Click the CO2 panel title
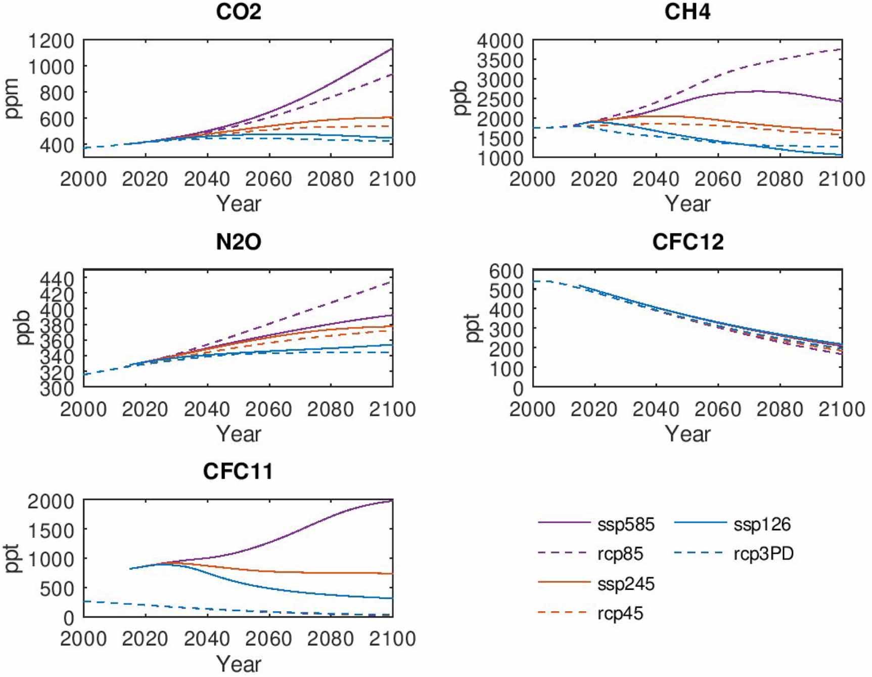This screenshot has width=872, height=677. pos(238,12)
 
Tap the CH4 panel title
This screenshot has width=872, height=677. pos(687,12)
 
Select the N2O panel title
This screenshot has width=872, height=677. pos(238,242)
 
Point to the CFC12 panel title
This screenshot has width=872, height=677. pos(687,242)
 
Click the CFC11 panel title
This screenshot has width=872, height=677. pos(238,472)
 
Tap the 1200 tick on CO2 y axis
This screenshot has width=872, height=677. pos(51,40)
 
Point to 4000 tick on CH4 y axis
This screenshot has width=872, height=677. pos(500,40)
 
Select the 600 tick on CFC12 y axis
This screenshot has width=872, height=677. pos(506,271)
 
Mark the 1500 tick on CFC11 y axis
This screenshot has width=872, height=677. pos(51,530)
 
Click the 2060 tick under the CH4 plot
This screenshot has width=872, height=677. pos(718,179)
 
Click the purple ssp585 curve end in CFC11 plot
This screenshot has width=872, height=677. pos(391,501)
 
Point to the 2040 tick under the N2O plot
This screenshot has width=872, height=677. pos(207,409)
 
